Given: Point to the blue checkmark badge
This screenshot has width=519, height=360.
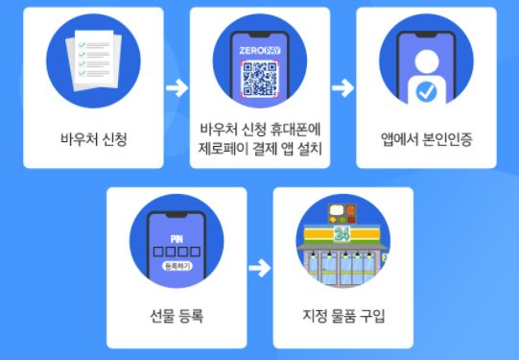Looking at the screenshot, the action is (426, 91).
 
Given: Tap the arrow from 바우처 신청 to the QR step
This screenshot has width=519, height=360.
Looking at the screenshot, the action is (176, 88).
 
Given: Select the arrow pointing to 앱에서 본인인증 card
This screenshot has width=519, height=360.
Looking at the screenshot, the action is (342, 88).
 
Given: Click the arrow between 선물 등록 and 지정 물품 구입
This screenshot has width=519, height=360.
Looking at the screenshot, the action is (259, 269).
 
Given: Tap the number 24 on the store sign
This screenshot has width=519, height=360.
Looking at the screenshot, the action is (341, 234).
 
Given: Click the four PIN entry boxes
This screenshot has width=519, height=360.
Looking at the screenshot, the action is (177, 252).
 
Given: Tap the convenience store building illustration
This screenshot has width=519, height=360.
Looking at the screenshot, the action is (342, 254).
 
